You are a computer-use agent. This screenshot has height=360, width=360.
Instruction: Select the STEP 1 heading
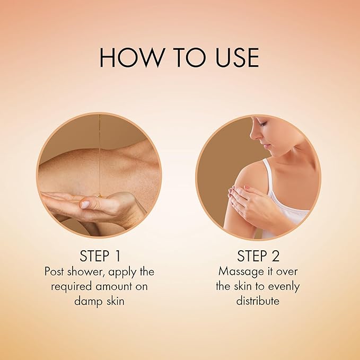[100, 256]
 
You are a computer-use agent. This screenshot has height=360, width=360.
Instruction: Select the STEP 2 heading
[258, 256]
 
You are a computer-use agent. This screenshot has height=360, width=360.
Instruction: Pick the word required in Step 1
[72, 287]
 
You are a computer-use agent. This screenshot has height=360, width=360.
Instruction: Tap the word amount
[113, 286]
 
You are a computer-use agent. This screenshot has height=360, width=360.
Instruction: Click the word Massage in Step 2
[241, 272]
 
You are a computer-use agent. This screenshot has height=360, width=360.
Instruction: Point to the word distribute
[258, 301]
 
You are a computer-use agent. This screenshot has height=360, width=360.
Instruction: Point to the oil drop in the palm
[100, 196]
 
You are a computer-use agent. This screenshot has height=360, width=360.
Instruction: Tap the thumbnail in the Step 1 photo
[85, 205]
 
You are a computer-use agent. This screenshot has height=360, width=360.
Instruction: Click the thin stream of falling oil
[100, 154]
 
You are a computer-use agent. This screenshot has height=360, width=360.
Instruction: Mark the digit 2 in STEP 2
[276, 256]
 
